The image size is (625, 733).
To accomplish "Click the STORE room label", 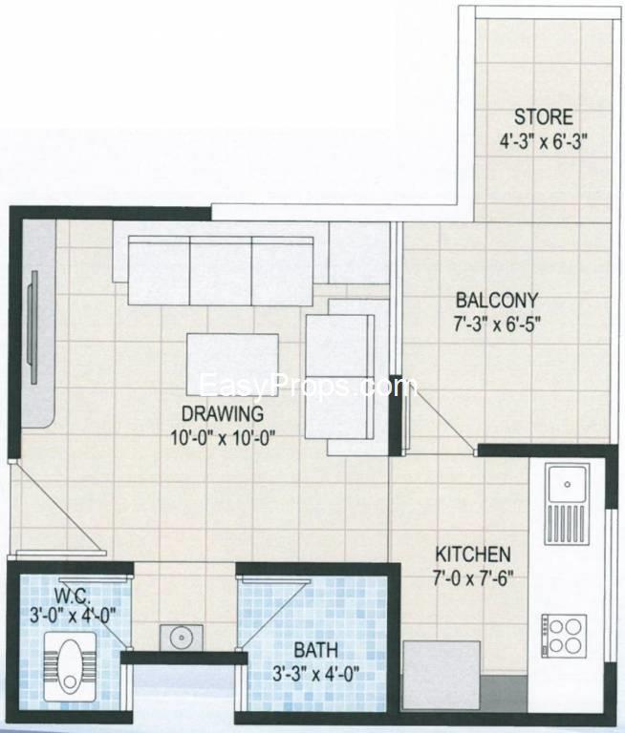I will (x=544, y=117).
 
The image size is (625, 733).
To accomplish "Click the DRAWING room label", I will (x=222, y=414).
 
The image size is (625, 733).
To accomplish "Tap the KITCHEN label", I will (x=473, y=555).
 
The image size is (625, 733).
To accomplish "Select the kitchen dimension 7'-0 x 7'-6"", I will (x=473, y=576).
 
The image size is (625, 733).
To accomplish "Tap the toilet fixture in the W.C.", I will (x=65, y=659).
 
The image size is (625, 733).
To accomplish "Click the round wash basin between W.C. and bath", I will (x=176, y=634).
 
